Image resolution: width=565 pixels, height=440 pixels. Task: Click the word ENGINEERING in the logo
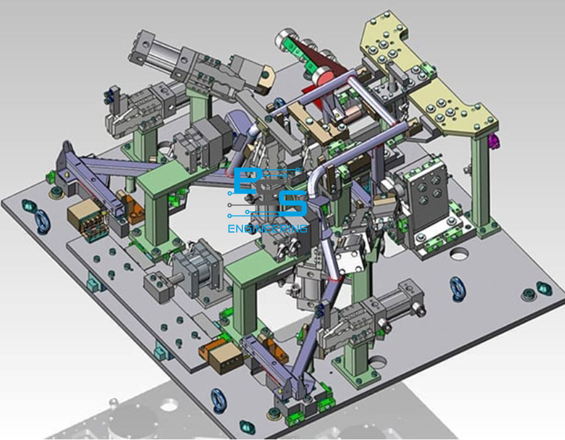point(267,229)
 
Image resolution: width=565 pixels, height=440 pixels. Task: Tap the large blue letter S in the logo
point(293,204)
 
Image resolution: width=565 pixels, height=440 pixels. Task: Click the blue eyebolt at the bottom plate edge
point(218,400)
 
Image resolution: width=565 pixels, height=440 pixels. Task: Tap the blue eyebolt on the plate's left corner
point(43,223)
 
